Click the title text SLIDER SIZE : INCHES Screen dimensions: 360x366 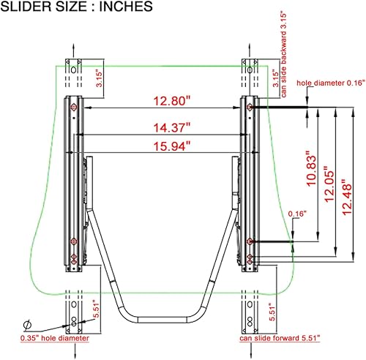77,8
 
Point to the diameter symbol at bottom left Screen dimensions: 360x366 27,324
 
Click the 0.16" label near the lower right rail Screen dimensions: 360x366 297,213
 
